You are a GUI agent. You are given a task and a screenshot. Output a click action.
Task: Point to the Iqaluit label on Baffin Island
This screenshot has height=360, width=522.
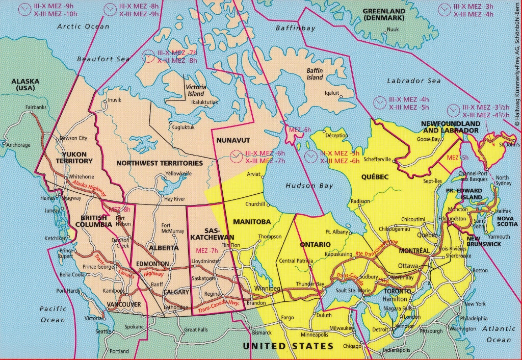[332, 93]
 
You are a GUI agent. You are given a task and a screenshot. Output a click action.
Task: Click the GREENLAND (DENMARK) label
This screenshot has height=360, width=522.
[384, 14]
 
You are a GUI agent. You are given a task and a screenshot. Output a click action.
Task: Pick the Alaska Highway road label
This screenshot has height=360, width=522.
[89, 188]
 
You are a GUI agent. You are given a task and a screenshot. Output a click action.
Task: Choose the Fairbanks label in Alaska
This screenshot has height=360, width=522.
[36, 107]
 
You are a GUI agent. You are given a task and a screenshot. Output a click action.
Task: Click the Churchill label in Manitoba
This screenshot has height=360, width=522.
[255, 204]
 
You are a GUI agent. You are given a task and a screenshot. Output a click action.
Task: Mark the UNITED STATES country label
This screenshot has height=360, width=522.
[288, 346]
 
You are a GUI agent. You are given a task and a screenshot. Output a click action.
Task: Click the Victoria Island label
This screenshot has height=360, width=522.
[195, 90]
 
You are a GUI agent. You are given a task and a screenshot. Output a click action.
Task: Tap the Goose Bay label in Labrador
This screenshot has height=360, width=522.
[428, 139]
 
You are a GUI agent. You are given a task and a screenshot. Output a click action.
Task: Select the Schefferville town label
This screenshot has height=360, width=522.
[377, 160]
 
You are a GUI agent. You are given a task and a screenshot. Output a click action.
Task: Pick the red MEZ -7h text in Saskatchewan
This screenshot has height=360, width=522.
[206, 250]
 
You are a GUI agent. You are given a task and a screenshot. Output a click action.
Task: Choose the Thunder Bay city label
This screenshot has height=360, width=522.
[310, 284]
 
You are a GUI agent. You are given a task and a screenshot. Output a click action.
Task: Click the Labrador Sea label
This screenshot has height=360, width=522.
[413, 81]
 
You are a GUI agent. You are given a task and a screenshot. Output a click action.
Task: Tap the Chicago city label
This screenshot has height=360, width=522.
[352, 346]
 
